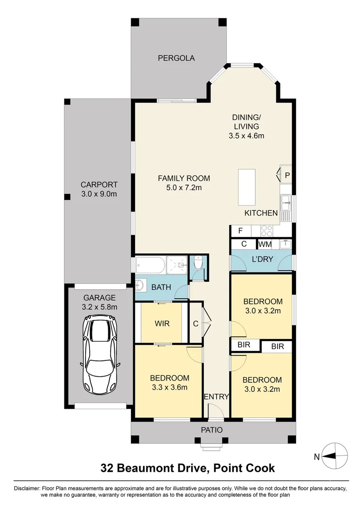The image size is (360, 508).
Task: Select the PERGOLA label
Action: click(x=176, y=58)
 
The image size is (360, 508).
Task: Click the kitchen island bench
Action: click(x=247, y=187)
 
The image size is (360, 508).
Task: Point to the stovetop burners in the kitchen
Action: click(x=267, y=231)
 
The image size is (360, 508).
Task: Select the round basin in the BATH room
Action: click(x=141, y=285)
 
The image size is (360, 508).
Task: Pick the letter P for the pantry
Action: click(x=287, y=175)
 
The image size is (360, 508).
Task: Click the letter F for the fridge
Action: click(x=240, y=231)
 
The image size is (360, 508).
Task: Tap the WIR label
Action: click(x=162, y=324)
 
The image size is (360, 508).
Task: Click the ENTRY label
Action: click(x=216, y=397)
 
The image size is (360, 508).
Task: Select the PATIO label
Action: click(x=211, y=429)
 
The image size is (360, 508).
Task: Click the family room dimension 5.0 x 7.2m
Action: click(x=184, y=188)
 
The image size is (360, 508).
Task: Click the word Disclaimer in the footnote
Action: click(x=27, y=488)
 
